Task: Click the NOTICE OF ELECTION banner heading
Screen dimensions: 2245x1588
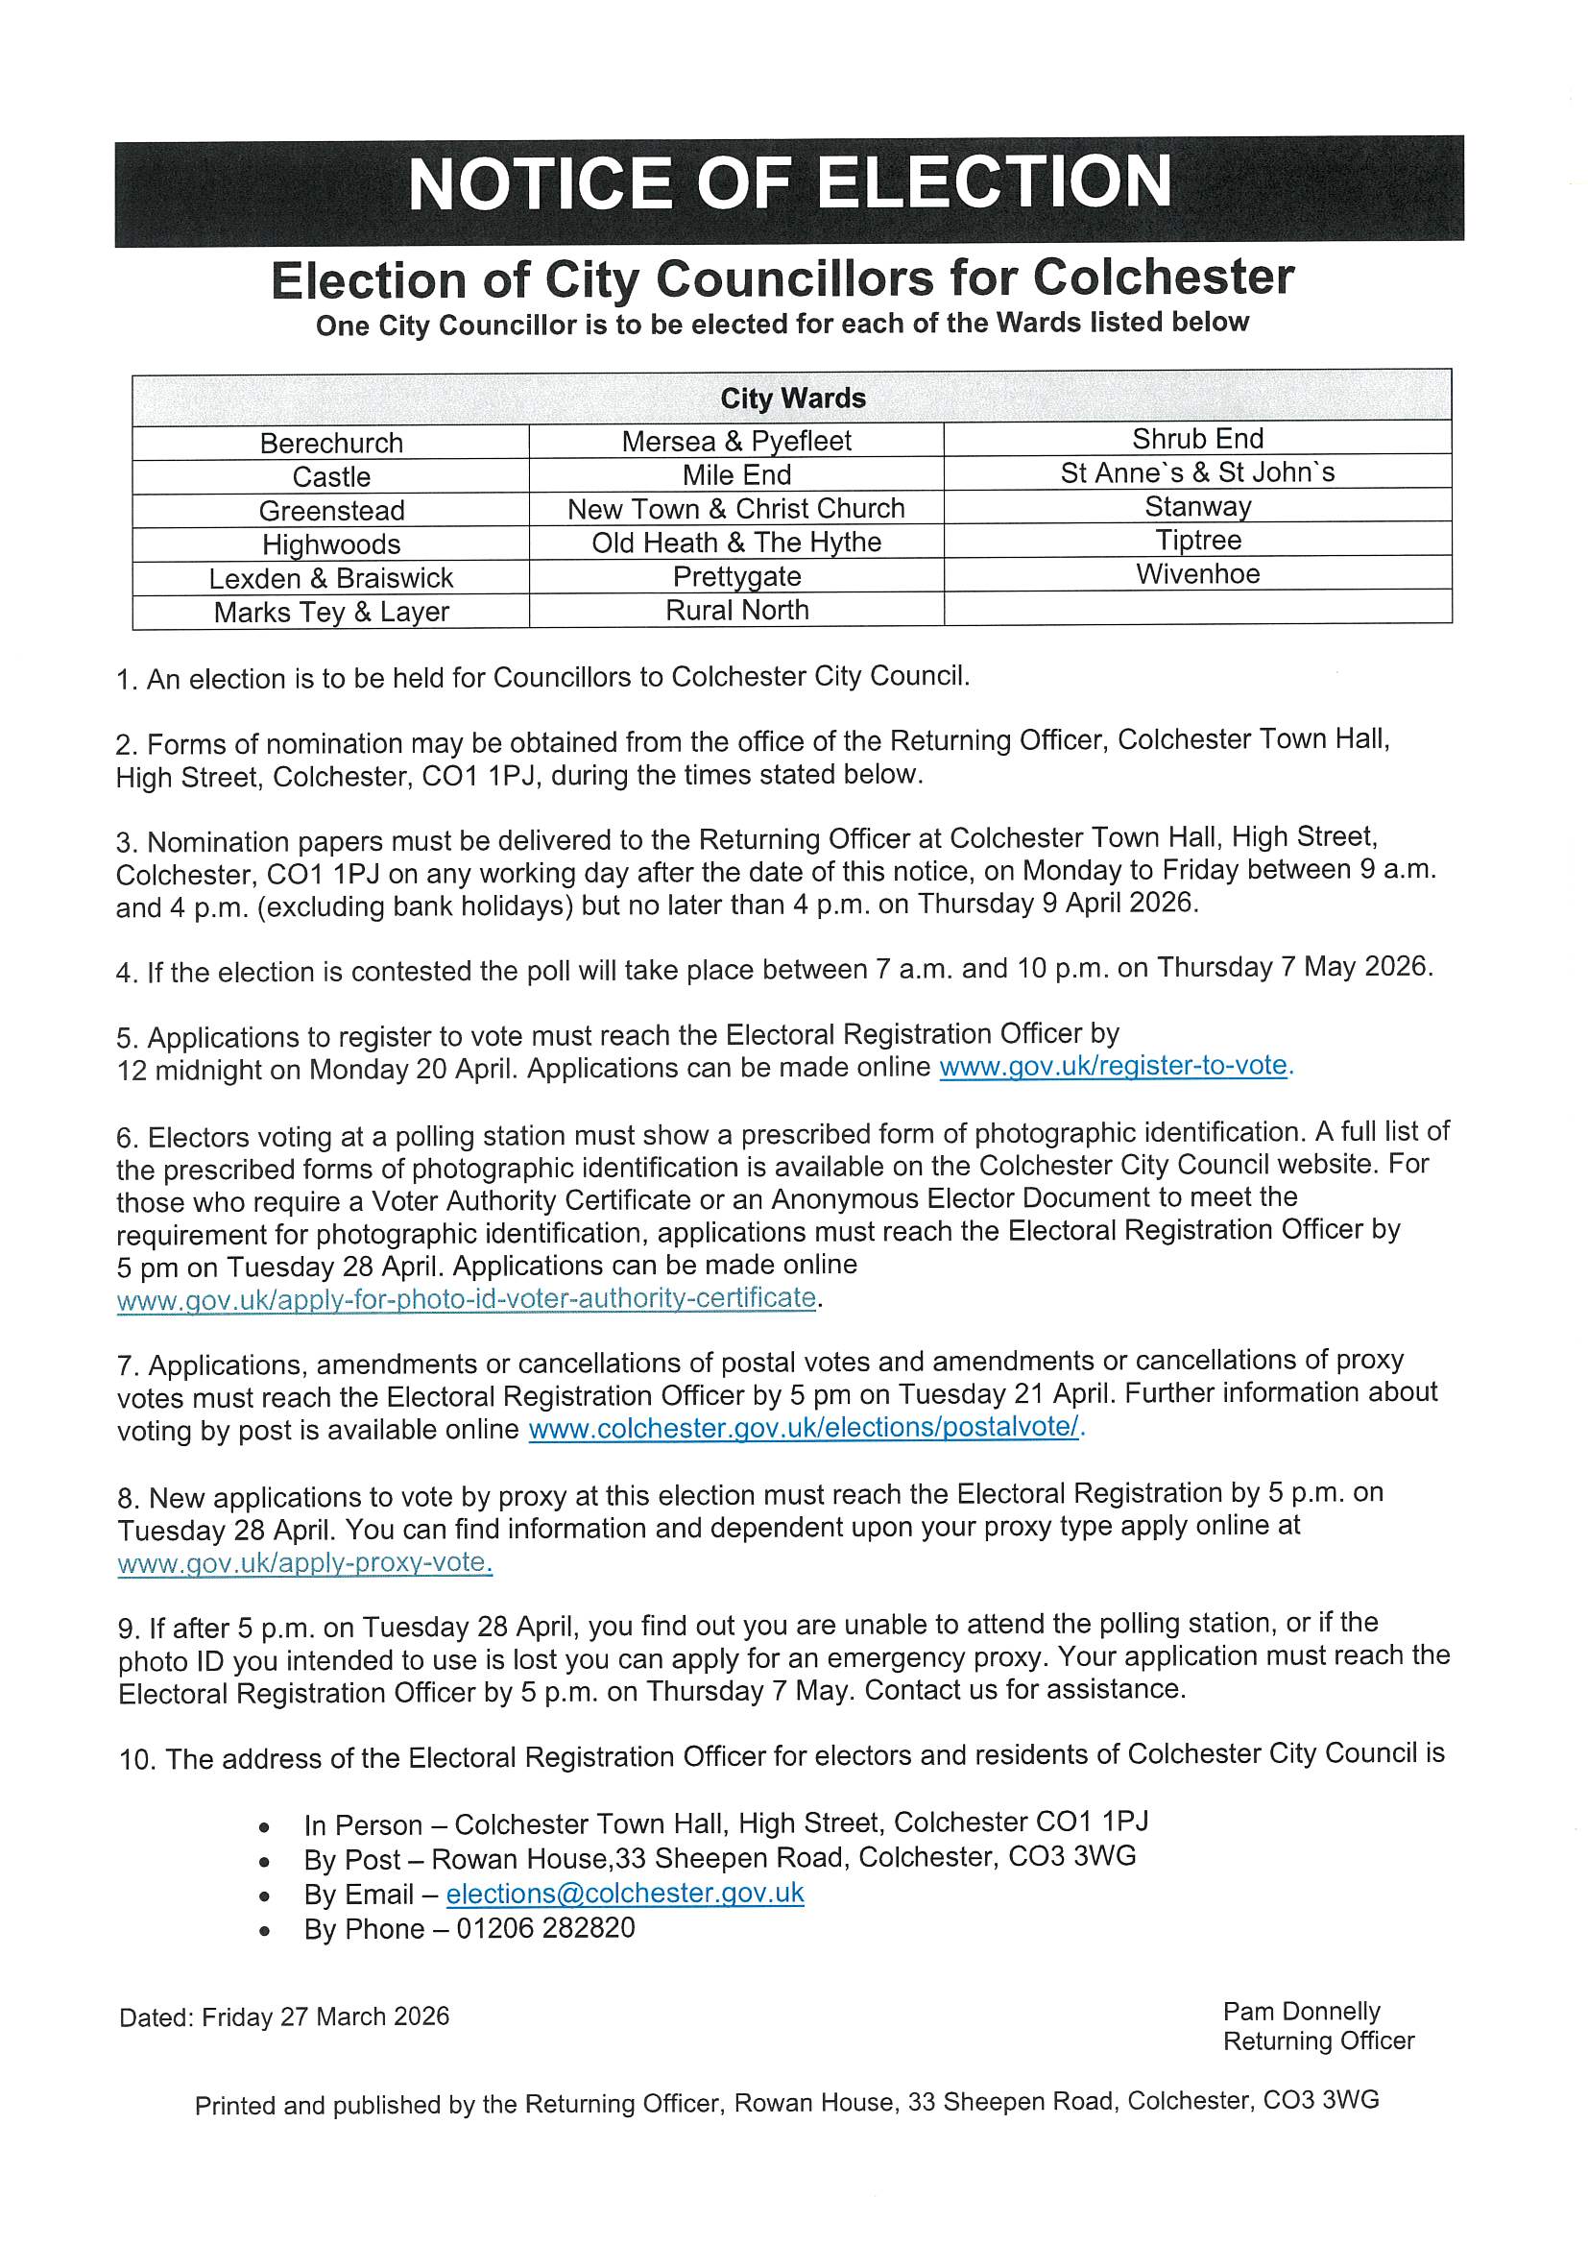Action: [789, 184]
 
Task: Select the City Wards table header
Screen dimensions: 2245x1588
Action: [792, 398]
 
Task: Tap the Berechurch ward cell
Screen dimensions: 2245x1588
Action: [331, 443]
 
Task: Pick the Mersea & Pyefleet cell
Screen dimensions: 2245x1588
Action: [736, 441]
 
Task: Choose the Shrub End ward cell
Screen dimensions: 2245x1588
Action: [1197, 438]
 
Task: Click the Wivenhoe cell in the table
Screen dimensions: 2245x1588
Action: [1197, 574]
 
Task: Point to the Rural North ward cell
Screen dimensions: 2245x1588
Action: [736, 610]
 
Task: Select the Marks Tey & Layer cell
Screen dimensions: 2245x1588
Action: [331, 612]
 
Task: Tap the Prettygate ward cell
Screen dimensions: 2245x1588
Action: [736, 576]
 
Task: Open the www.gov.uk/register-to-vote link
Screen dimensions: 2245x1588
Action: [1114, 1065]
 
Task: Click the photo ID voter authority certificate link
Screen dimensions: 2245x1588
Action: [467, 1298]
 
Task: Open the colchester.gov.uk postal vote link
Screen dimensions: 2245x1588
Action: [806, 1427]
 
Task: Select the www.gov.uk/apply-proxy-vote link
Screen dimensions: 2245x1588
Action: [304, 1561]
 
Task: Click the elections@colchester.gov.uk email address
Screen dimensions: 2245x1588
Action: [625, 1893]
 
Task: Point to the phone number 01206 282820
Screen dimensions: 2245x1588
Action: [545, 1928]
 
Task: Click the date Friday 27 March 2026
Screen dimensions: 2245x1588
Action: [325, 2017]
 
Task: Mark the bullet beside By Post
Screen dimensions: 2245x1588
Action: [264, 1862]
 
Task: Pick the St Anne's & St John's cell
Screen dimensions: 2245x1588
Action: [1197, 472]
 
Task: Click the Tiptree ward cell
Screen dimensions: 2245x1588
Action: [1197, 540]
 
